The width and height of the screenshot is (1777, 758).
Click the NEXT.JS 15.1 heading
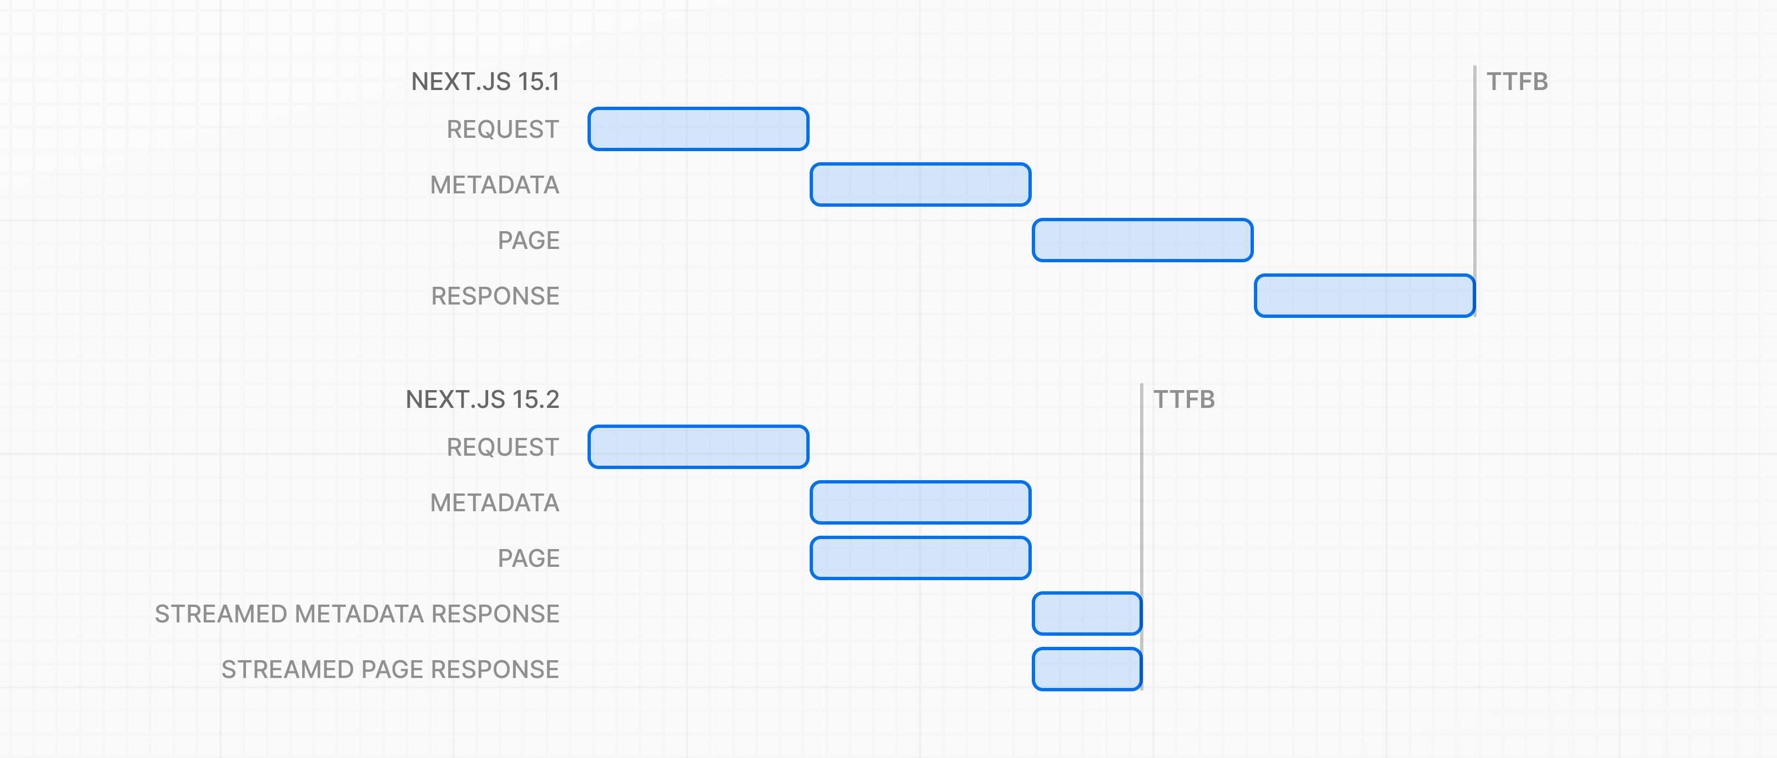[485, 82]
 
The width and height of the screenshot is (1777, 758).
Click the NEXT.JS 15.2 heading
[482, 399]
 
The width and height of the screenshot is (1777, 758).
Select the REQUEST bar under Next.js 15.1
[698, 129]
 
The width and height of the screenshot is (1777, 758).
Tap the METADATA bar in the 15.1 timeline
[920, 184]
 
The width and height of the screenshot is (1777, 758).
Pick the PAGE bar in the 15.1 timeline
[1142, 240]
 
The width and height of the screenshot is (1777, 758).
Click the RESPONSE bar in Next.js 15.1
[1364, 296]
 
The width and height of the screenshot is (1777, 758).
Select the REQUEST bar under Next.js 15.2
[698, 447]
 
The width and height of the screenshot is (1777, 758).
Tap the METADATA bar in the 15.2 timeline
[920, 502]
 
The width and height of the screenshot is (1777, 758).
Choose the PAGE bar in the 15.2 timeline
[920, 558]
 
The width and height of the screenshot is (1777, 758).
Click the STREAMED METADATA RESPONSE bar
[1087, 614]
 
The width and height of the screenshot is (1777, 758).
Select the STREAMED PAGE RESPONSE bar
[1087, 669]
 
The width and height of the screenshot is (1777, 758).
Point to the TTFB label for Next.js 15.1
[1517, 82]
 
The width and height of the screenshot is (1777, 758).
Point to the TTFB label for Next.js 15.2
[1184, 399]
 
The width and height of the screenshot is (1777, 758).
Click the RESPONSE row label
[495, 296]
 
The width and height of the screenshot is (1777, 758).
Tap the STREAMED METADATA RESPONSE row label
[357, 614]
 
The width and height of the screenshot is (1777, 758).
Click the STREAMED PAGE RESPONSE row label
[390, 669]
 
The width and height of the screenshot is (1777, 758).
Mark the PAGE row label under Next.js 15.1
[529, 240]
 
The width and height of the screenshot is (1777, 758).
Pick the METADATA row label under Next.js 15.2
[495, 502]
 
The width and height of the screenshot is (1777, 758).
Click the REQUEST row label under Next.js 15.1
[503, 129]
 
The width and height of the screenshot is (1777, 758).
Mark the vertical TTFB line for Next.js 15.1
[1475, 191]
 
